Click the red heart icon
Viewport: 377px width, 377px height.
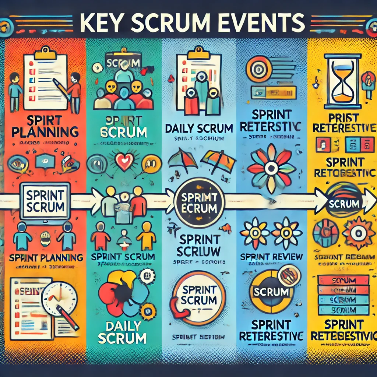(x=124, y=161)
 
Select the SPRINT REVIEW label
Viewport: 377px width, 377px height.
(x=271, y=257)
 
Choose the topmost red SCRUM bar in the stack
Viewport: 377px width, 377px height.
(x=343, y=281)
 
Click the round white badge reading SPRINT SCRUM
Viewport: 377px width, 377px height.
(x=199, y=297)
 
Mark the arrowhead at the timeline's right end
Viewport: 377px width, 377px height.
(x=368, y=201)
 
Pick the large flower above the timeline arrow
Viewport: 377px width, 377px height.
(x=271, y=168)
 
